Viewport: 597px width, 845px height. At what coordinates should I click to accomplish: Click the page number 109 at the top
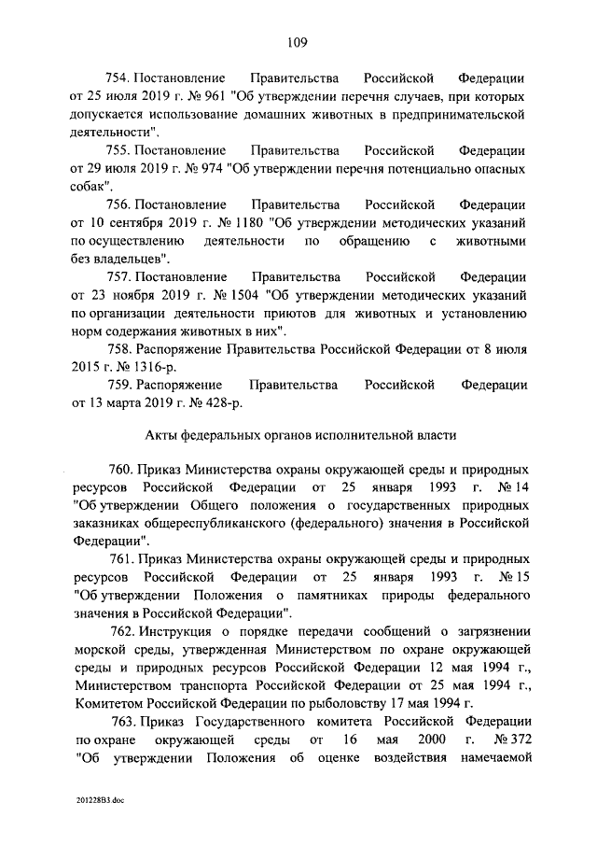pos(298,40)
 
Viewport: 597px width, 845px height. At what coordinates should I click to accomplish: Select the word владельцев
pos(132,259)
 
